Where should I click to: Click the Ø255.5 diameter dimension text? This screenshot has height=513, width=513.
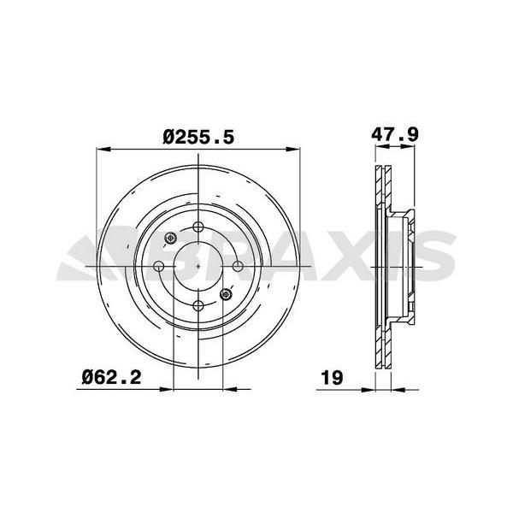point(198,135)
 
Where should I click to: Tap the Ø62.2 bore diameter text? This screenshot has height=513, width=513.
point(111,374)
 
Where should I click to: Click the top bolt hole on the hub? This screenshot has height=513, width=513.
point(198,227)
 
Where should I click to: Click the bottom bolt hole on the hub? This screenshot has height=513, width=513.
point(198,305)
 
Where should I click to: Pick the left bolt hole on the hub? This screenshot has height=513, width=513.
point(159,267)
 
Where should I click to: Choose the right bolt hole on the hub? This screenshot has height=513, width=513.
point(238,267)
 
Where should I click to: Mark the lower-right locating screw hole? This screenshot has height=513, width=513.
point(227,295)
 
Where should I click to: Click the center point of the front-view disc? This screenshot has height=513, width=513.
point(198,267)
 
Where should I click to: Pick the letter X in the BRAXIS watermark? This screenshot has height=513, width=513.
point(342,256)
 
